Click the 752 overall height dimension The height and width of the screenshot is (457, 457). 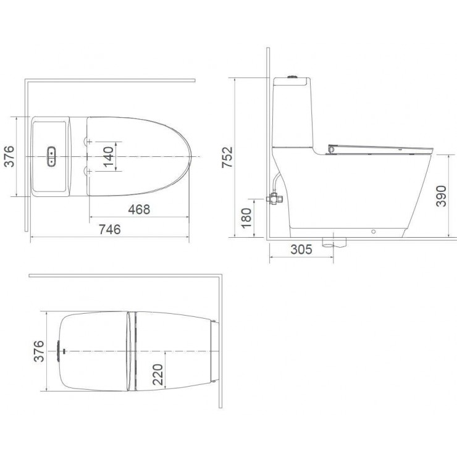click(227, 157)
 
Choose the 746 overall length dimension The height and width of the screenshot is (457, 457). click(109, 230)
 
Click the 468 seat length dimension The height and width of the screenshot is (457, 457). click(138, 209)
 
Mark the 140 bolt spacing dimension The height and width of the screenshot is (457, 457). click(107, 157)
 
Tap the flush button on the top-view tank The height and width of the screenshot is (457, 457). click(52, 157)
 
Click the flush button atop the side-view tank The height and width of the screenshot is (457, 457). click(295, 77)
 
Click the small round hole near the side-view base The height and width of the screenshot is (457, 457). click(373, 233)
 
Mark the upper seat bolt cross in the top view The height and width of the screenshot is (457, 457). click(90, 143)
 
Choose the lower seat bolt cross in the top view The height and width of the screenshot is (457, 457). click(90, 170)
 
